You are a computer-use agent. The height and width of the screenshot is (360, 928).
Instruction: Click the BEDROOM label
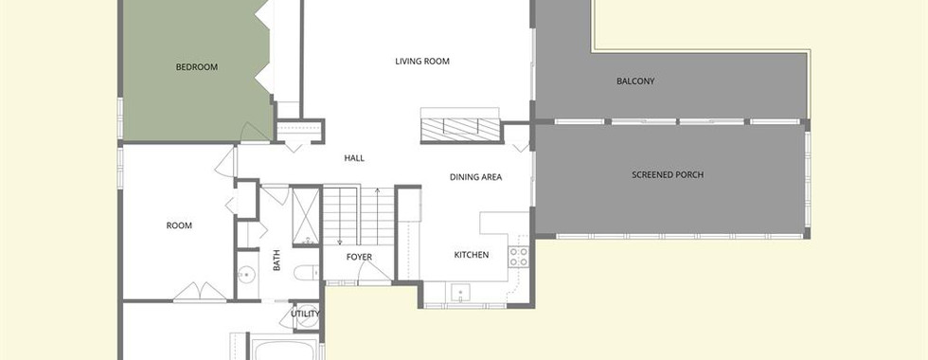point(197,67)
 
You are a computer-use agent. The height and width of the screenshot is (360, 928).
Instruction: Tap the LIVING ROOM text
point(422,61)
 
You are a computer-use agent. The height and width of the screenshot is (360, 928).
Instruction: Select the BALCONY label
point(635,81)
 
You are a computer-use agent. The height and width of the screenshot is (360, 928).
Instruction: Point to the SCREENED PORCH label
point(668,174)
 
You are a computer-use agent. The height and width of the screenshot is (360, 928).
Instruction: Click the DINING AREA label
point(475,176)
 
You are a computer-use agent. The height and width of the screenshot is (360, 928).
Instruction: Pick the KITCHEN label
point(472,255)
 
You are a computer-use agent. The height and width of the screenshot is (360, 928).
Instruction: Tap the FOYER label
point(359,257)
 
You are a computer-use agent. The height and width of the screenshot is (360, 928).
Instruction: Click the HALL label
point(354,158)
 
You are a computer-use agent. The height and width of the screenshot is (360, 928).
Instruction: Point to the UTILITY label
point(305,314)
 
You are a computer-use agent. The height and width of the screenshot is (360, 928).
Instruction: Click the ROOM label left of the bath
point(179,225)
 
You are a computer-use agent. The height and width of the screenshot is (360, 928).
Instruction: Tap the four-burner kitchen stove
point(519,257)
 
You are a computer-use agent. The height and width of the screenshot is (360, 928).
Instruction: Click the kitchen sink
point(460,293)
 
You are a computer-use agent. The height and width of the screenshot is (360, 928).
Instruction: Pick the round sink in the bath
point(246,275)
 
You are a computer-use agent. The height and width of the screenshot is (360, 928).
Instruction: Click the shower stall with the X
point(306,216)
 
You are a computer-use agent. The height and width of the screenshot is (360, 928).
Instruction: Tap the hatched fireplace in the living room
point(461,130)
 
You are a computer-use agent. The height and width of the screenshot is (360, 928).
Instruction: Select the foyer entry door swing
point(373,271)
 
